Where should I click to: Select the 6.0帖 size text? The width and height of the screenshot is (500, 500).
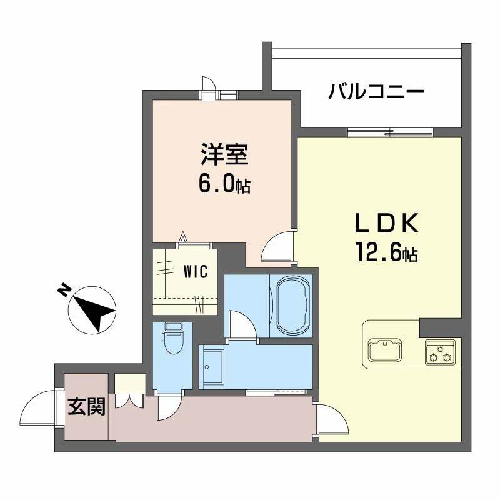point(224,183)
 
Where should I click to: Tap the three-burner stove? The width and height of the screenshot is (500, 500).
point(441,354)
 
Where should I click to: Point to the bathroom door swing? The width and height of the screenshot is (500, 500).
point(241,324)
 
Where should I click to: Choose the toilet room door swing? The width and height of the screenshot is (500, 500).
point(169,407)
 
